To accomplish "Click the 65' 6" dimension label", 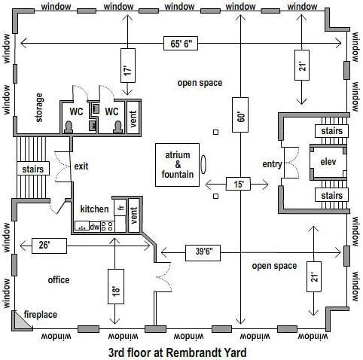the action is pos(181,43).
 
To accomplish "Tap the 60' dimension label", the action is pos(240,114).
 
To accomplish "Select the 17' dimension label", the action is pos(128,66).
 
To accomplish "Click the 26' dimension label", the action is pos(49,246).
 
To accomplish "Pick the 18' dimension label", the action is pos(116,286).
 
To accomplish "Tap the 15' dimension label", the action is pos(238,184).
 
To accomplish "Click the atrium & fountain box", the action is pos(178,165).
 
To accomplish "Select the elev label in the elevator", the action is pos(328,162).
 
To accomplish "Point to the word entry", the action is pos(272,164).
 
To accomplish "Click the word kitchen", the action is pos(94,209).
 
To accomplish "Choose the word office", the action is pos(59,280).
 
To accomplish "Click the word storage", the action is pos(39,108).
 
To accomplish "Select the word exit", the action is pos(81,166).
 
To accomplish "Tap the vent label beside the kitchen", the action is pos(133,215).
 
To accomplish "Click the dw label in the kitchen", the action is pos(95,227).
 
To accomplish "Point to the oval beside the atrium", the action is pos(203,164).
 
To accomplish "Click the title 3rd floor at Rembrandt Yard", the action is pos(178,352).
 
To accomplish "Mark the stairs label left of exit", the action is pos(33,169).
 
